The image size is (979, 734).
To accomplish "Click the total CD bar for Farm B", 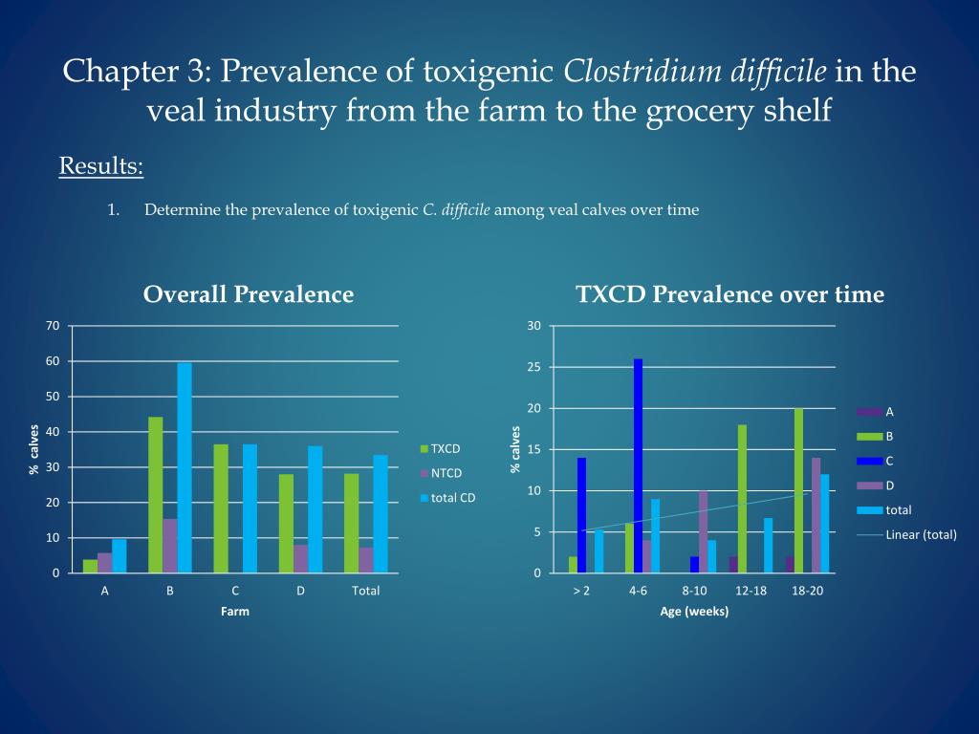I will coord(185,467).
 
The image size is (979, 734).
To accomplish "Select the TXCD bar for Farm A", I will coord(90,566).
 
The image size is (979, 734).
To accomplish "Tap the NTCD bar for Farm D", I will coord(300,558).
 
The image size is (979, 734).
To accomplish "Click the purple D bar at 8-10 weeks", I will coord(703,531).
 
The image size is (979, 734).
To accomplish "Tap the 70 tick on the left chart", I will coord(52,326).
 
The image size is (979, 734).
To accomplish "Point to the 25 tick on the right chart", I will coord(533,368).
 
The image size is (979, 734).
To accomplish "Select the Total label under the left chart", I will coord(365,591).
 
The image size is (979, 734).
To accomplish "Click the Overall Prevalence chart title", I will coord(249,294).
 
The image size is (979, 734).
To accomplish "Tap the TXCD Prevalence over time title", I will coord(730,294).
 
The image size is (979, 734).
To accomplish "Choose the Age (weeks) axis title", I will coord(694,612).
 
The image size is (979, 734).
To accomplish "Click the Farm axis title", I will coord(235,612).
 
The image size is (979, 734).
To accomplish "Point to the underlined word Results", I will coord(101,166).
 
